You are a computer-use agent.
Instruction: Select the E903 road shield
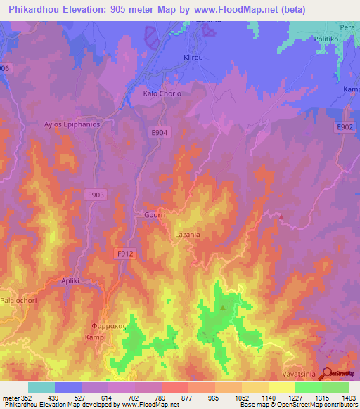[96, 194]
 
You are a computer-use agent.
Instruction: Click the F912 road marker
[125, 253]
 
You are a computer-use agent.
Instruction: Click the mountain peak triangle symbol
[224, 306]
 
